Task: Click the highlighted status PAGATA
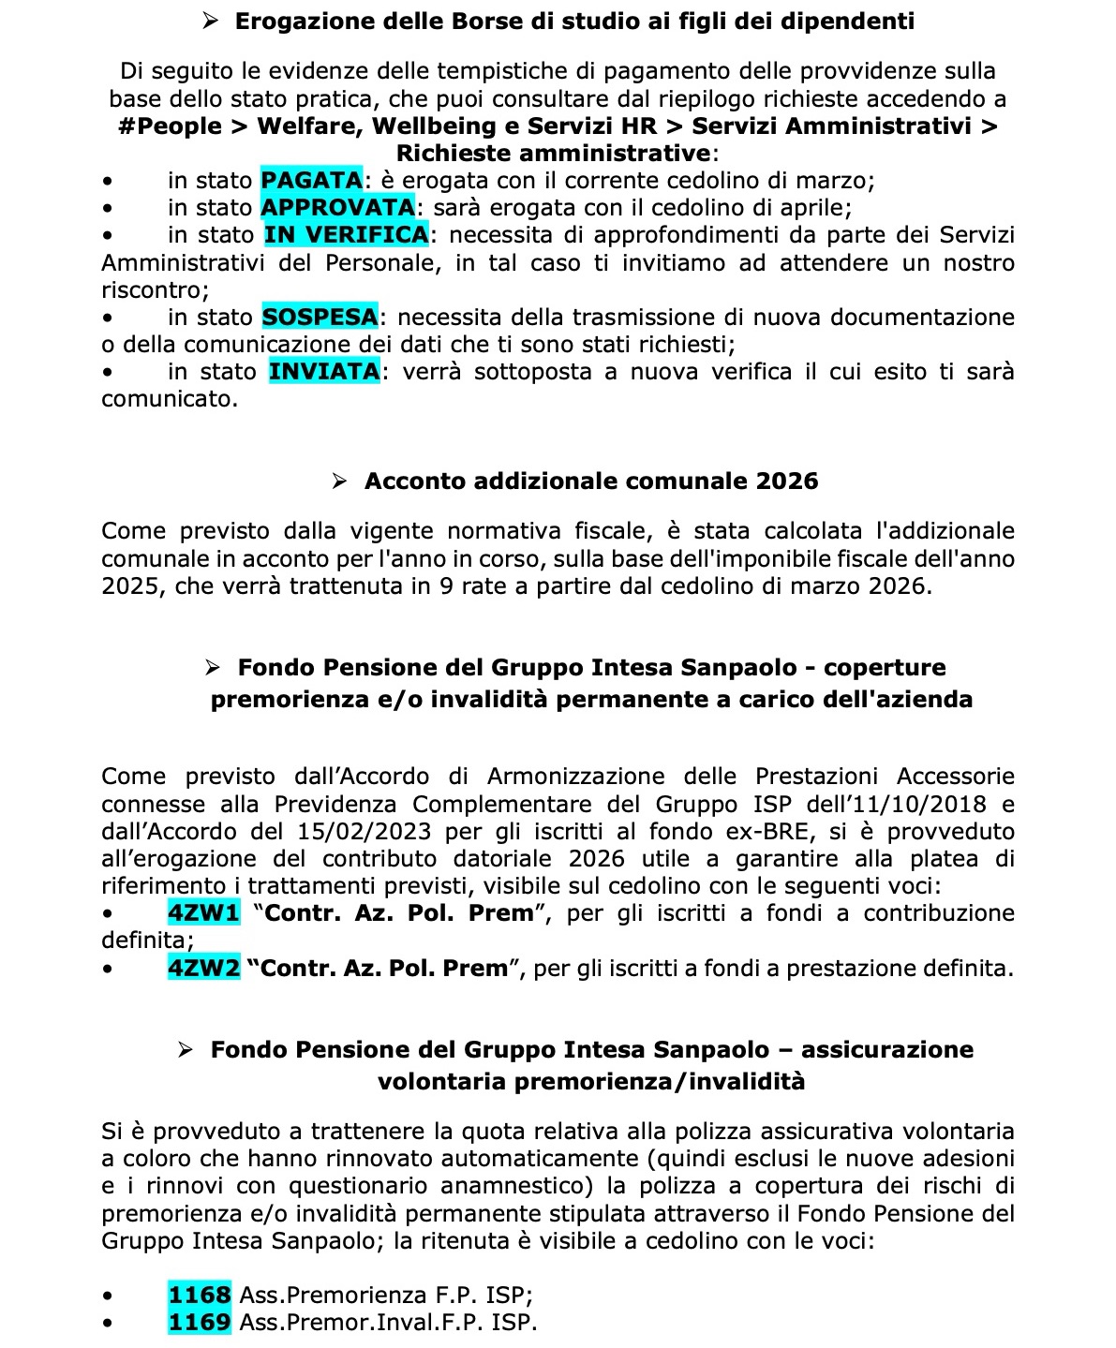pyautogui.click(x=311, y=180)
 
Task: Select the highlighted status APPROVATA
pyautogui.click(x=337, y=207)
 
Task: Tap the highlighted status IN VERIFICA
pyautogui.click(x=346, y=234)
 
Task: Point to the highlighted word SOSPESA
pyautogui.click(x=320, y=317)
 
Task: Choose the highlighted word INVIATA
pyautogui.click(x=324, y=372)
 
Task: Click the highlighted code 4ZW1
pyautogui.click(x=203, y=912)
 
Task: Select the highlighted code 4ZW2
pyautogui.click(x=203, y=968)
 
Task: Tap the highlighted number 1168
pyautogui.click(x=200, y=1295)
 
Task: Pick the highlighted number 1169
pyautogui.click(x=200, y=1322)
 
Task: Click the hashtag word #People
pyautogui.click(x=171, y=126)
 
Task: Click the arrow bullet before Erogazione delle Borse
pyautogui.click(x=211, y=21)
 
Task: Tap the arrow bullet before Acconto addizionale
pyautogui.click(x=340, y=481)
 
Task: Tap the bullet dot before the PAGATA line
pyautogui.click(x=109, y=181)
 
